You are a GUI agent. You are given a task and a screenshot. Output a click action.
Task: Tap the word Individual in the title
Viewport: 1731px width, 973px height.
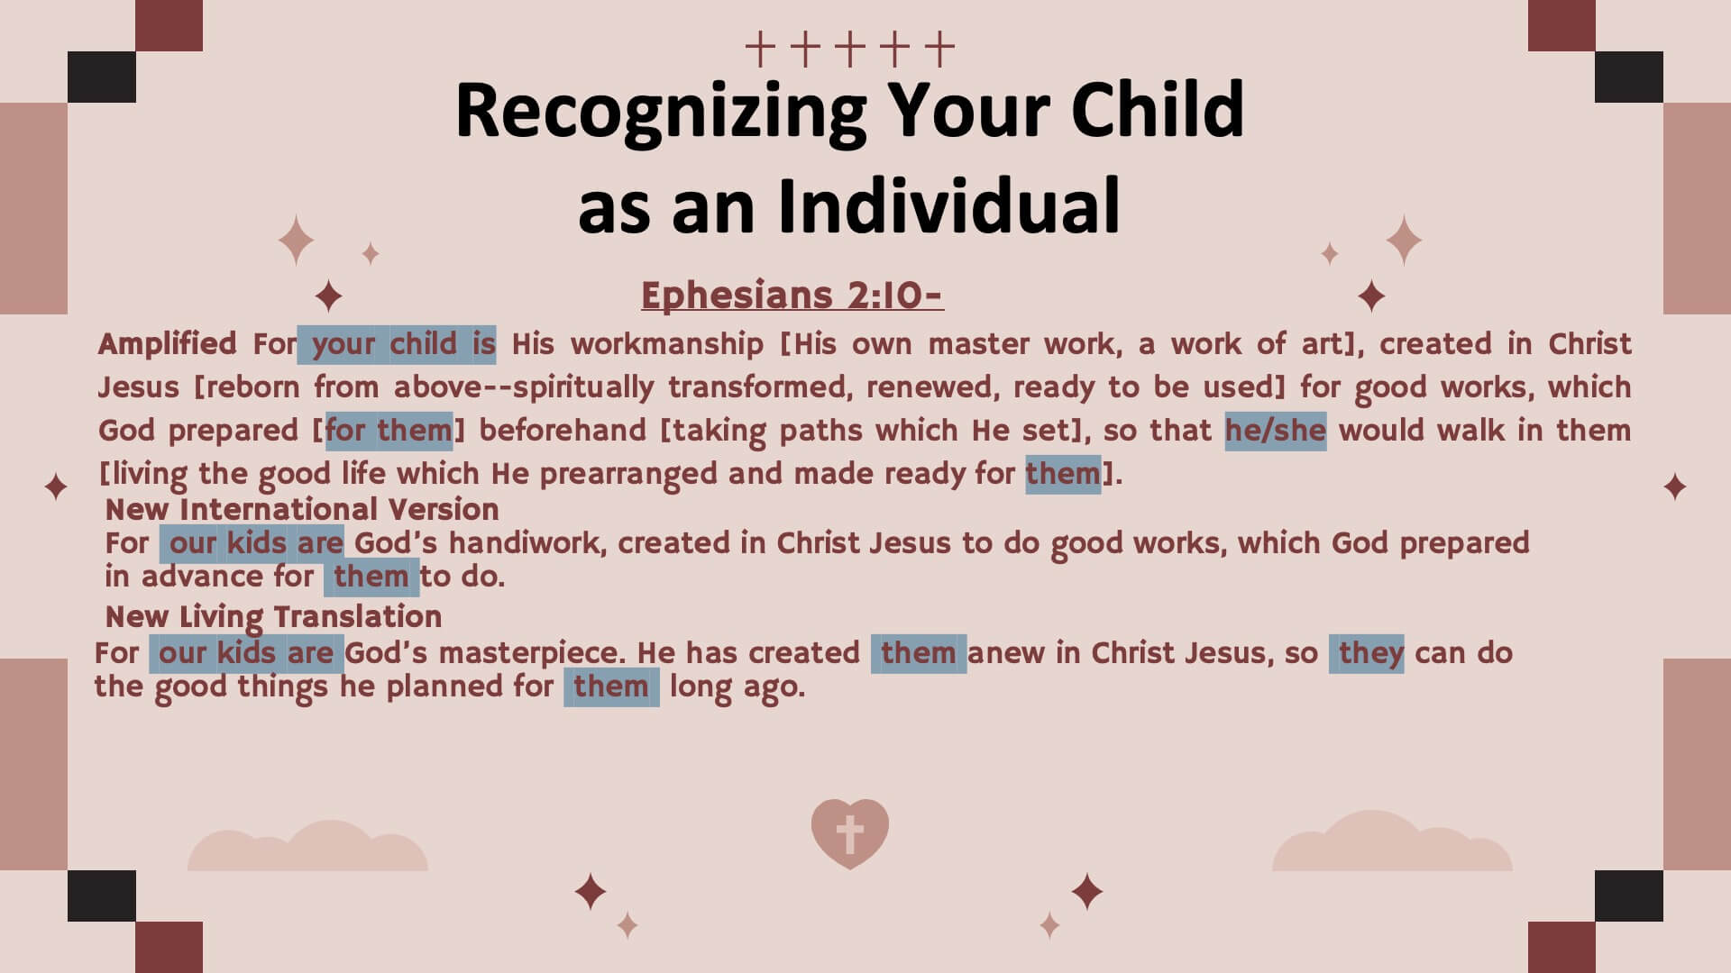[x=948, y=205]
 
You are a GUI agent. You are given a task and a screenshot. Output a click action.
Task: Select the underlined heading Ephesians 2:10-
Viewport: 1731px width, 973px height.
[x=792, y=295]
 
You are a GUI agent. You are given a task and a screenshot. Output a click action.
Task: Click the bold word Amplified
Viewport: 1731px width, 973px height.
[x=168, y=344]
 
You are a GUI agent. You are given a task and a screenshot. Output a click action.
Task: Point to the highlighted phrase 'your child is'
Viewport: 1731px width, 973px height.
[x=397, y=344]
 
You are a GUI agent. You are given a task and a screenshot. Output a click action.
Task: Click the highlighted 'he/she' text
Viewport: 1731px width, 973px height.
[x=1276, y=431]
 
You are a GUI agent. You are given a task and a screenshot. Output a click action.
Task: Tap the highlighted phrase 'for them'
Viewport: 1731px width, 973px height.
[x=389, y=431]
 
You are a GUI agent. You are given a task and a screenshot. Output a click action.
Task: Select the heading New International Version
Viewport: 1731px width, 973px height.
[x=302, y=510]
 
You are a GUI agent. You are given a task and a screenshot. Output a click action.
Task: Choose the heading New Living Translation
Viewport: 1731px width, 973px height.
[x=273, y=617]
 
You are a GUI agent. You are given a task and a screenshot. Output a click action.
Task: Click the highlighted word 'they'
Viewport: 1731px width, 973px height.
[x=1367, y=654]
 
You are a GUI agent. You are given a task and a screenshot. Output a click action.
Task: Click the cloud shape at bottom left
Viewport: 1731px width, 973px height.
[x=307, y=848]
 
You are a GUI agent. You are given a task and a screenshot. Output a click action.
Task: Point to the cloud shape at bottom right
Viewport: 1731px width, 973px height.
[x=1392, y=842]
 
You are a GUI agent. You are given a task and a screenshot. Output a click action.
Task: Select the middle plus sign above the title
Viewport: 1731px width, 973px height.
[x=850, y=49]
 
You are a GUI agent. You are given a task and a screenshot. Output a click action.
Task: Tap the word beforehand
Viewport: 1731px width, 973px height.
[x=563, y=431]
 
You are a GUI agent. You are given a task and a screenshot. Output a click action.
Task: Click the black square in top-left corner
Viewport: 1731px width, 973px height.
[x=102, y=77]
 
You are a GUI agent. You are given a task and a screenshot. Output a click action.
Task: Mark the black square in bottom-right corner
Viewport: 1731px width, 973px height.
[x=1629, y=896]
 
